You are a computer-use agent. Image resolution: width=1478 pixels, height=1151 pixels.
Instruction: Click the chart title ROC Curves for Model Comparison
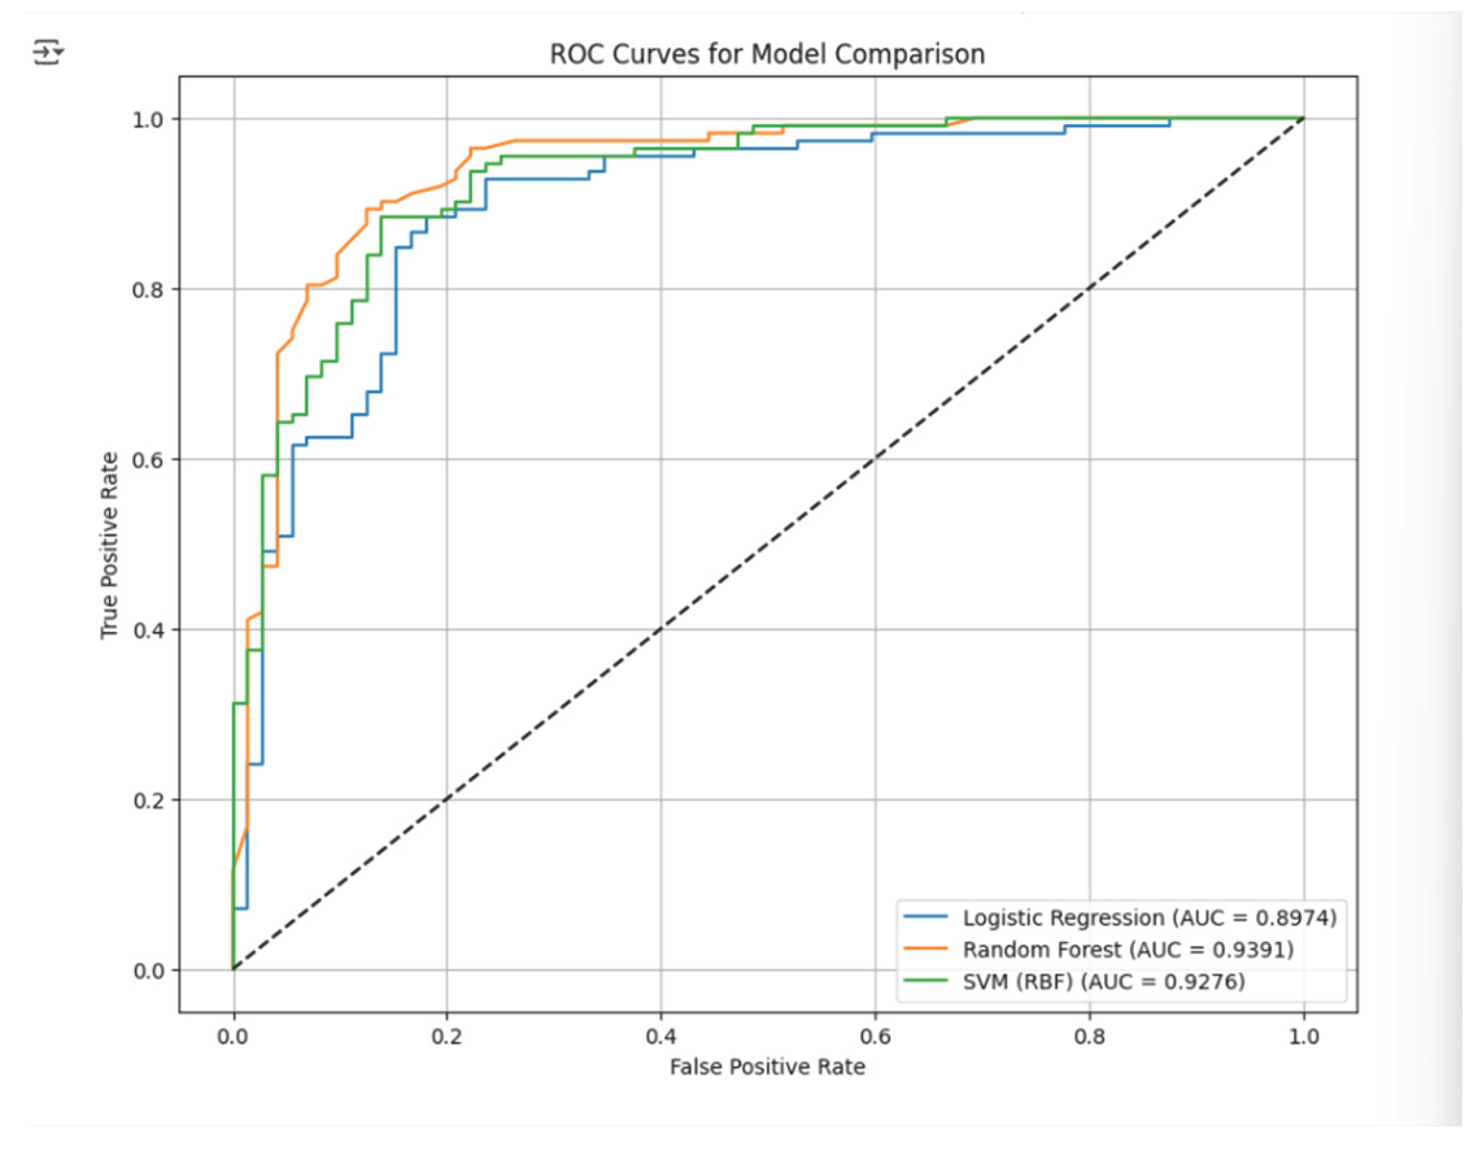pyautogui.click(x=767, y=54)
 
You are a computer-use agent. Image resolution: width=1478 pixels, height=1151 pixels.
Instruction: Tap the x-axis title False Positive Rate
pyautogui.click(x=767, y=1067)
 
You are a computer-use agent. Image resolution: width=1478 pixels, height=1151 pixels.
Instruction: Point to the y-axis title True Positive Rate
pyautogui.click(x=110, y=545)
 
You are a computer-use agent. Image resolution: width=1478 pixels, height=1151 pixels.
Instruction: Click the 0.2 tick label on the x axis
pyautogui.click(x=447, y=1037)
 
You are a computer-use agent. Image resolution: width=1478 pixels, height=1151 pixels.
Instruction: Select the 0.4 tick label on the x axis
pyautogui.click(x=660, y=1037)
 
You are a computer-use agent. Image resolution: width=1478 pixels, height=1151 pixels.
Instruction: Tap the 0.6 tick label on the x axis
pyautogui.click(x=875, y=1037)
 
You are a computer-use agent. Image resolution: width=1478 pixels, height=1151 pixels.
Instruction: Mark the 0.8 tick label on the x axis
pyautogui.click(x=1089, y=1037)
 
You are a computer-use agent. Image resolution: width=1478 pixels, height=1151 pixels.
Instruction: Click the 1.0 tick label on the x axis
pyautogui.click(x=1304, y=1037)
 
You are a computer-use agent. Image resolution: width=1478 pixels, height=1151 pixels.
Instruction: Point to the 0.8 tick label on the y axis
pyautogui.click(x=148, y=290)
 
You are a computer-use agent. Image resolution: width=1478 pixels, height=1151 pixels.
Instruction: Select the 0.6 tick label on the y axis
pyautogui.click(x=148, y=460)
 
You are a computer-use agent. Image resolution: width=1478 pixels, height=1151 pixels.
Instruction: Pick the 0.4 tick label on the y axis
pyautogui.click(x=148, y=630)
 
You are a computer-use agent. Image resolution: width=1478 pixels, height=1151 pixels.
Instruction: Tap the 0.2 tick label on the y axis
pyautogui.click(x=148, y=801)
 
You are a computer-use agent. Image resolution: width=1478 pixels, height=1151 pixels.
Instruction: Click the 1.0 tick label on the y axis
pyautogui.click(x=148, y=119)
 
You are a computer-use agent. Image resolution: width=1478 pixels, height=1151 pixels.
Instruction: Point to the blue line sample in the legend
pyautogui.click(x=926, y=917)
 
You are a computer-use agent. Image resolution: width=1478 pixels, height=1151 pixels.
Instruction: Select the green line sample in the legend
pyautogui.click(x=926, y=980)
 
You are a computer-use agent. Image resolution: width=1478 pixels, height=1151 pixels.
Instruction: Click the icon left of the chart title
pyautogui.click(x=48, y=52)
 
